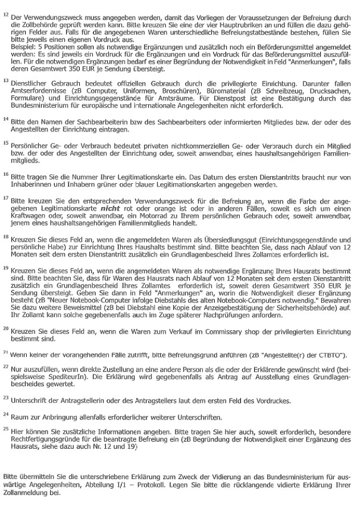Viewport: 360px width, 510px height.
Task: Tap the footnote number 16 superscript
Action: (6, 175)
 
